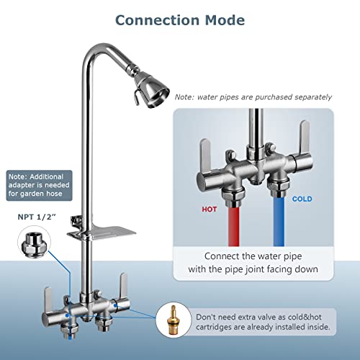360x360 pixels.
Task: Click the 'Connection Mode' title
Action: pos(180,19)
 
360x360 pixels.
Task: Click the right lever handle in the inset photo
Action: pos(304,138)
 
